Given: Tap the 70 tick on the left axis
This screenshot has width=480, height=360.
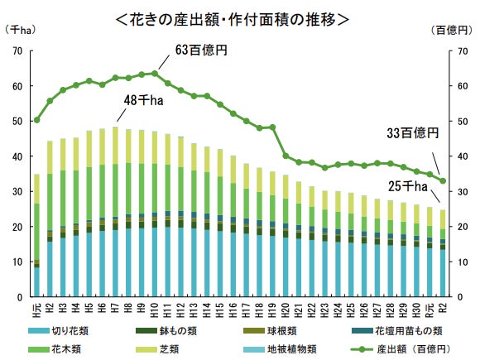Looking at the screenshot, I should [x=17, y=51].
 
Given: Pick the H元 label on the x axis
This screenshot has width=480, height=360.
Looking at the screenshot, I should [x=36, y=310].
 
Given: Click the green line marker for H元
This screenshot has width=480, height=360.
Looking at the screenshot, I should [x=36, y=120].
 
